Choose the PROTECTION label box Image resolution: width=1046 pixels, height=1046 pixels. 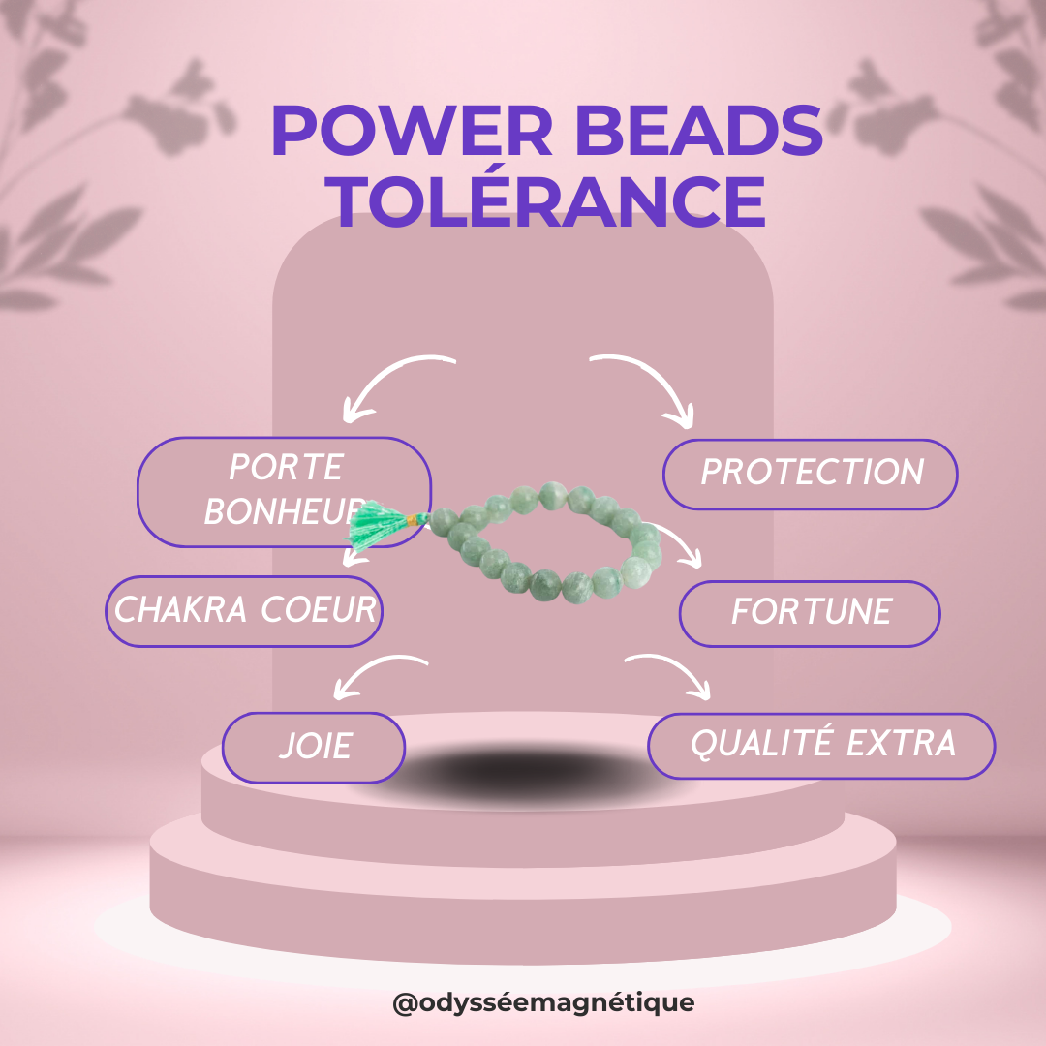811,474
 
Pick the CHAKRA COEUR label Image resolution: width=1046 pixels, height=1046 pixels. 244,611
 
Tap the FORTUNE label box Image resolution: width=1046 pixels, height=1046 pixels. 810,613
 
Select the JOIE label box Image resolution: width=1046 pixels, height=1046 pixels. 314,747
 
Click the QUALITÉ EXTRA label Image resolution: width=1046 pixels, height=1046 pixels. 821,745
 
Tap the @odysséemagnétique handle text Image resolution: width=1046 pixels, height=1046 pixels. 543,1002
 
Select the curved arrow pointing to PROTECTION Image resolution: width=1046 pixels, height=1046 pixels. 649,384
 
